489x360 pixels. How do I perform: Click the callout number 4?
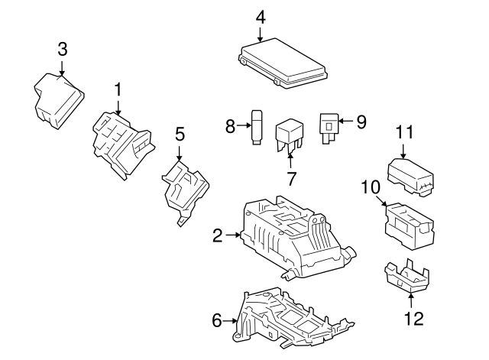point(261,15)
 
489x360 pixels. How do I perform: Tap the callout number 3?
point(63,50)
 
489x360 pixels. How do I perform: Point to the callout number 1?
point(118,90)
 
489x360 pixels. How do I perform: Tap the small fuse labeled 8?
point(258,127)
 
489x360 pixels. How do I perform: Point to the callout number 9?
point(361,121)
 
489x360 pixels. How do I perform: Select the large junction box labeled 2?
point(294,236)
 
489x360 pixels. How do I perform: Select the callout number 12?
point(413,319)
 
